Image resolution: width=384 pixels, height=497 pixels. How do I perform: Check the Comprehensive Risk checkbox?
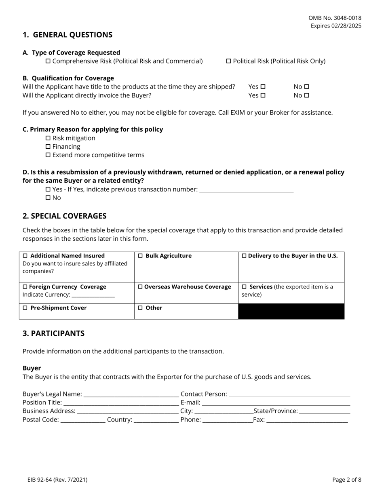click(48, 61)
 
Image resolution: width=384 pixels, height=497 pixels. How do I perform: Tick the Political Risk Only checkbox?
click(228, 61)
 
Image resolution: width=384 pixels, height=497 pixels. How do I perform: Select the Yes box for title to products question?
click(263, 87)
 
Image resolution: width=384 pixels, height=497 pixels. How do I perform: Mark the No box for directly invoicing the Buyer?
click(306, 96)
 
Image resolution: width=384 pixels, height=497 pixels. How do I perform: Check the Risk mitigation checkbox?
click(48, 138)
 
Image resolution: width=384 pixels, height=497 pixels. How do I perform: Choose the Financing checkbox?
click(48, 147)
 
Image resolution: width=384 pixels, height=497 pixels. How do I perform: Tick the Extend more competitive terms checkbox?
click(48, 155)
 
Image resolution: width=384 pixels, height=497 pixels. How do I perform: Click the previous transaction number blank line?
click(247, 190)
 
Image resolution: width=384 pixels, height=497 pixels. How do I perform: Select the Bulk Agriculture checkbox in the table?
click(141, 256)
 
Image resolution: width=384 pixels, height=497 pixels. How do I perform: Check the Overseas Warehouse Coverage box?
click(141, 287)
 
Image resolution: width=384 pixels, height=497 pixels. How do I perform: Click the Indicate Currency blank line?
click(93, 295)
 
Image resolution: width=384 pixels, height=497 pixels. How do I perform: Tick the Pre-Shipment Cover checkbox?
click(25, 308)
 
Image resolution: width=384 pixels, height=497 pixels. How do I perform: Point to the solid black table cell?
click(291, 312)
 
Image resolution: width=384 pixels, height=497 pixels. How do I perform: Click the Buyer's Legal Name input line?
click(131, 394)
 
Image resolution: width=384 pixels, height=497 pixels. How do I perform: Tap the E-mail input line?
click(276, 403)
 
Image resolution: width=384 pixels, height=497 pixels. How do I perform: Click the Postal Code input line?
click(82, 420)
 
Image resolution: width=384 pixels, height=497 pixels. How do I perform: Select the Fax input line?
click(307, 420)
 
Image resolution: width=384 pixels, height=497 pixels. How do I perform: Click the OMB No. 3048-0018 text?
click(335, 18)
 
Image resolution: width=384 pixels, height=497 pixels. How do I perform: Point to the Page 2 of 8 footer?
click(347, 480)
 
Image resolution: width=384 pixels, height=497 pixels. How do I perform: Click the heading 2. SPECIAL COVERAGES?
click(65, 216)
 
